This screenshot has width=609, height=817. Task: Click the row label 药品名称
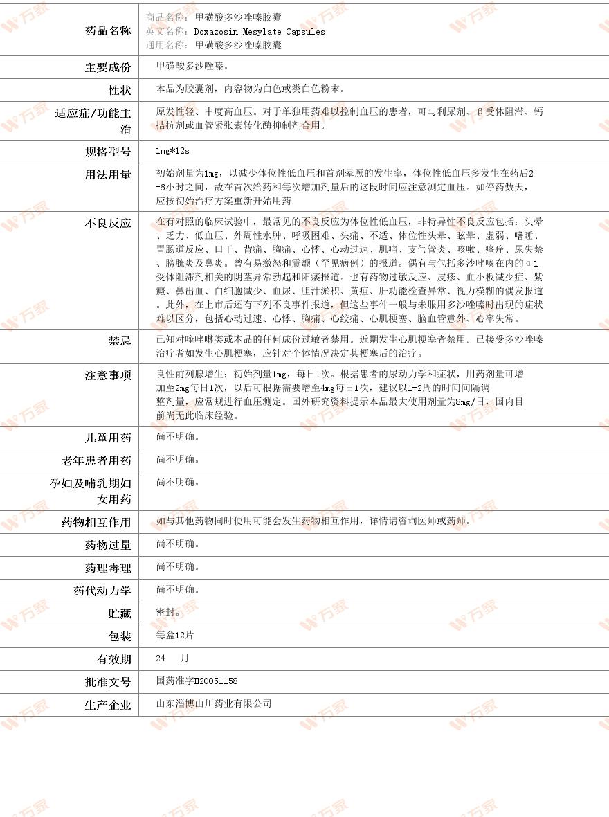click(107, 30)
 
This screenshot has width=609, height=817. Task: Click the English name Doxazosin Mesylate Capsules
click(259, 31)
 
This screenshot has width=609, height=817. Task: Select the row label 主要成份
click(107, 67)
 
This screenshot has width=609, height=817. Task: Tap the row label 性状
click(119, 90)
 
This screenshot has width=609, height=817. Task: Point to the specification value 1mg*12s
click(173, 151)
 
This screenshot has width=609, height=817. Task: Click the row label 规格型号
click(107, 152)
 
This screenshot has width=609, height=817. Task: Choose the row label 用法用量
click(107, 174)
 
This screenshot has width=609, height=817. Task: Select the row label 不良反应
click(107, 223)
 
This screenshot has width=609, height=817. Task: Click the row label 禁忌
click(119, 341)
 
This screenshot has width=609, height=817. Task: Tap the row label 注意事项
click(107, 375)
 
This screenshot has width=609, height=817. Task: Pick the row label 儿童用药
click(107, 438)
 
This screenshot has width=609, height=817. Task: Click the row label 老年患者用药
click(96, 460)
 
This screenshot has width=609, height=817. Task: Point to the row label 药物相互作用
click(96, 522)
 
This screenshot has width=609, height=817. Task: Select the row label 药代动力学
click(102, 591)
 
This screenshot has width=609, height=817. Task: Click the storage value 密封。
click(168, 612)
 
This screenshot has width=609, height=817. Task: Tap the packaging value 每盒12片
click(175, 635)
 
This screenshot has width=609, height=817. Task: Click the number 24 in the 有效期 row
click(161, 658)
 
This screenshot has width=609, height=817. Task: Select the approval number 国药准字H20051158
click(197, 681)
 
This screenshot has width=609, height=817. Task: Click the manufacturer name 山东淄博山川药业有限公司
click(214, 703)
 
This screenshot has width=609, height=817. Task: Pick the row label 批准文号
click(107, 682)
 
